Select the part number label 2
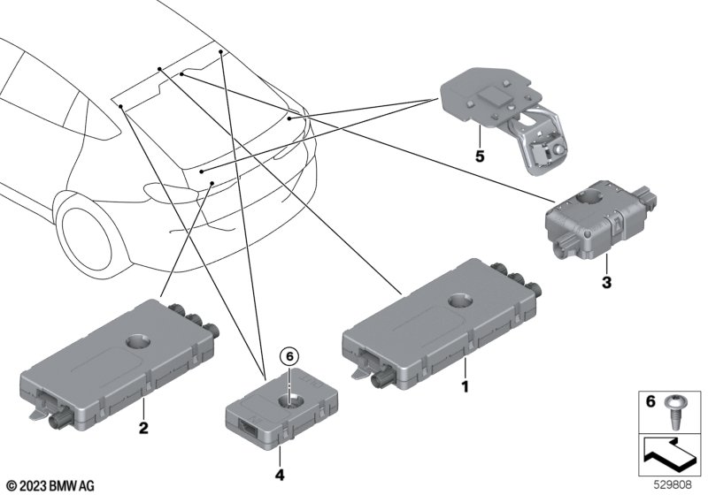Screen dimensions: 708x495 coord(143,427)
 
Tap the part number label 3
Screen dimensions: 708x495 coord(606,283)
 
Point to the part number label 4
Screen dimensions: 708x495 coord(280,475)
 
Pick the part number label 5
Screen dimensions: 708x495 coord(480,156)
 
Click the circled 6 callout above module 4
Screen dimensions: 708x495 coord(289,356)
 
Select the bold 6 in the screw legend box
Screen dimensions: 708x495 coord(650,400)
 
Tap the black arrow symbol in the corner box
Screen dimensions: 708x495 coord(668,454)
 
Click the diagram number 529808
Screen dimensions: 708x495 coord(673,485)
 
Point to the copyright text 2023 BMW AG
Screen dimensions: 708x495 coord(51,486)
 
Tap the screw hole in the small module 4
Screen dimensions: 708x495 coord(289,400)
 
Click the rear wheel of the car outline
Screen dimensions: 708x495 coord(87,238)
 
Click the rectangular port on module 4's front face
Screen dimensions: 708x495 coord(246,426)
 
